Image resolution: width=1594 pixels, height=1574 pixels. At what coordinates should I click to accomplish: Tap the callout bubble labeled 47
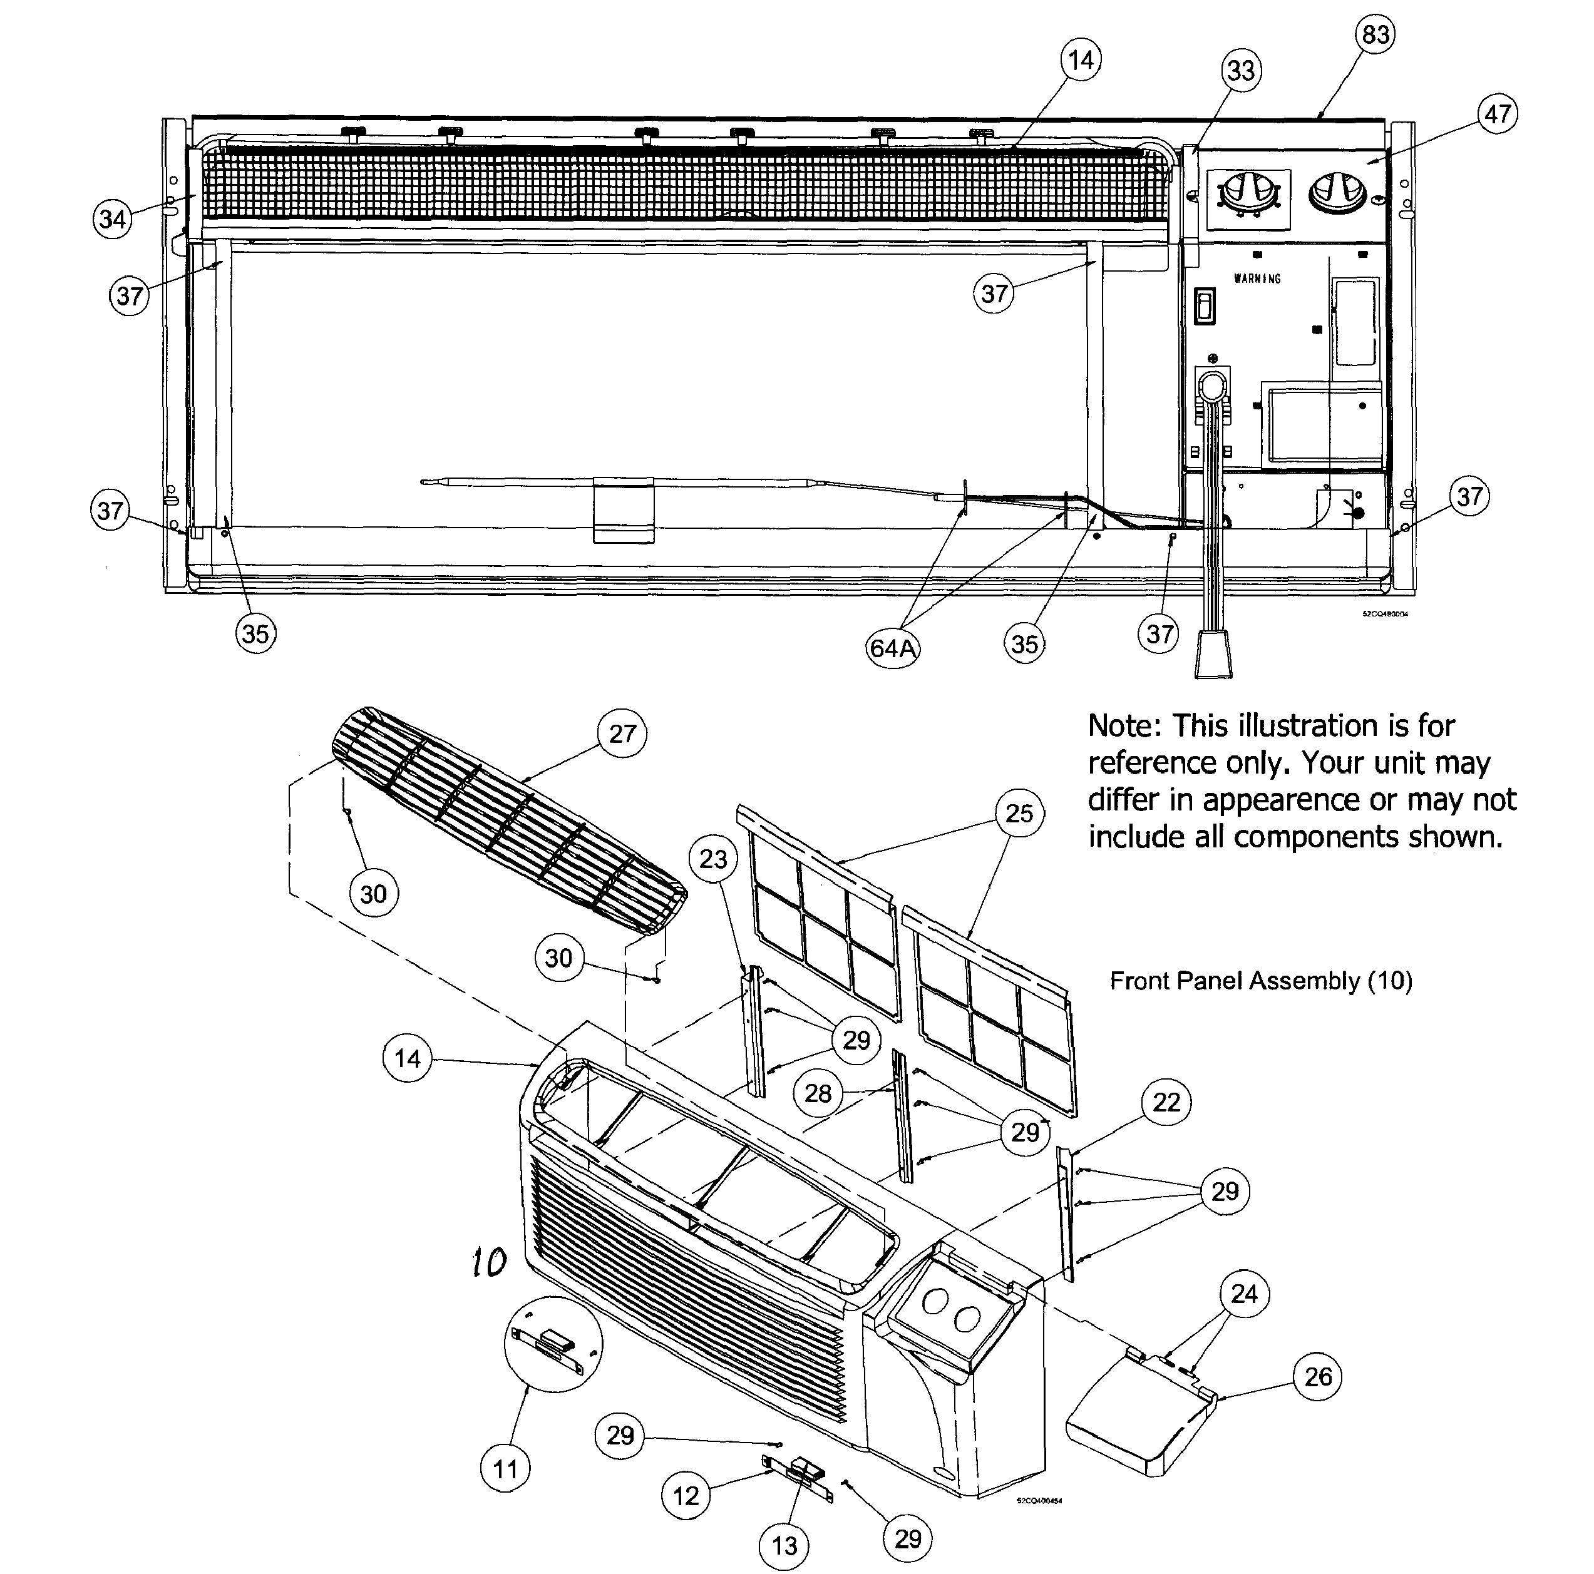(x=1498, y=114)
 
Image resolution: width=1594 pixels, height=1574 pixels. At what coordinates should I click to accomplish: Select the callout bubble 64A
(x=893, y=648)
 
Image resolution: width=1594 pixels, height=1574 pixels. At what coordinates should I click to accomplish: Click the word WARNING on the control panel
(x=1257, y=279)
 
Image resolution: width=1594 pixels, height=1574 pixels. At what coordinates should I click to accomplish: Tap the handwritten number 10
(x=489, y=1261)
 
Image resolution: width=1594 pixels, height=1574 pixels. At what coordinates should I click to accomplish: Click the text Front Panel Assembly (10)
(x=1261, y=981)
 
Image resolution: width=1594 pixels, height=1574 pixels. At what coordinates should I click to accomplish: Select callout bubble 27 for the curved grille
(x=622, y=733)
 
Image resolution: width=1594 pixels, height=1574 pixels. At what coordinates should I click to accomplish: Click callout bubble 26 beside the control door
(x=1318, y=1376)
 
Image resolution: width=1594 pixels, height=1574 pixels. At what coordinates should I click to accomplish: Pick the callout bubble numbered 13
(x=784, y=1545)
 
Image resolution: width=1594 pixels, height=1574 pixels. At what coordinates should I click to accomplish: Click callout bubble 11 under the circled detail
(x=505, y=1468)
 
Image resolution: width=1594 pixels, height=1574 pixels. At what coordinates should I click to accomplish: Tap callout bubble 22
(x=1166, y=1102)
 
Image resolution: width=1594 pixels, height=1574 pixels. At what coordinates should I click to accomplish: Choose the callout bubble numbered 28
(x=818, y=1094)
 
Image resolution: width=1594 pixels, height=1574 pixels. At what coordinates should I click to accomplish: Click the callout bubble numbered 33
(x=1241, y=71)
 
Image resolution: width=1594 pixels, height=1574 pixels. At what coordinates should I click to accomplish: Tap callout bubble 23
(x=713, y=859)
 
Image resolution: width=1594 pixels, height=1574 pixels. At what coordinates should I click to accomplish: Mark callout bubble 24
(x=1244, y=1294)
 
